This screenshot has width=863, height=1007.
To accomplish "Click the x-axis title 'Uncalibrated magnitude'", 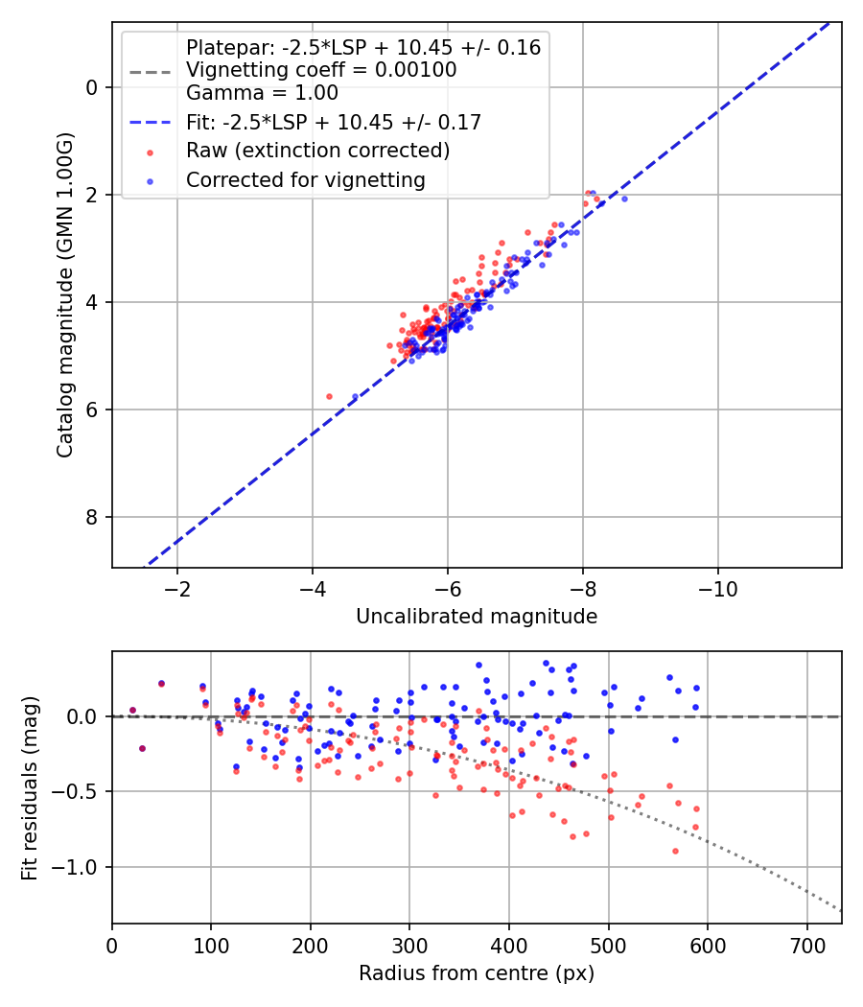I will (x=477, y=617).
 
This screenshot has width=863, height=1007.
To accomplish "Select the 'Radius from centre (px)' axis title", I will (x=477, y=973).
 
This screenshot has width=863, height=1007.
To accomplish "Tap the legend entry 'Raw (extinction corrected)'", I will (x=317, y=151).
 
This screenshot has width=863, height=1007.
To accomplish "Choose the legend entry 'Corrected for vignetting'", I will (x=305, y=179).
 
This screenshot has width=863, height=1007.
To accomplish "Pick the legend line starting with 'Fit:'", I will (x=333, y=122).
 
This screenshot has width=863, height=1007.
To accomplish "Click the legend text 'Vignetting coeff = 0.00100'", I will (x=321, y=70).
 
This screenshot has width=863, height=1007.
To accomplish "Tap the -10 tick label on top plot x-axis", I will (x=718, y=588).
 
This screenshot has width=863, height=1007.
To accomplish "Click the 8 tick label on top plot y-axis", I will (x=93, y=518).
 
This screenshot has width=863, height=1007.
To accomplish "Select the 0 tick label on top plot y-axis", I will (x=93, y=88).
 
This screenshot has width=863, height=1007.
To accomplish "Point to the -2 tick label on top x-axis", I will (x=177, y=588).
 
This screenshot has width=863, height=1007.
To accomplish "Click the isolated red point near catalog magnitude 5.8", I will (x=329, y=396).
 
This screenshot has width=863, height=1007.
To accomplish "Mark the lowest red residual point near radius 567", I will (x=675, y=851).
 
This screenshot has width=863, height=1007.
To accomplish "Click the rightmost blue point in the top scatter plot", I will (x=624, y=199).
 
